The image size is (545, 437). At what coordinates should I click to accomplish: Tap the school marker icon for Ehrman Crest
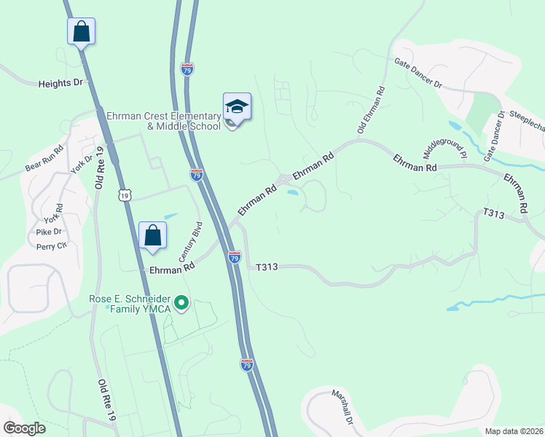[x=237, y=108]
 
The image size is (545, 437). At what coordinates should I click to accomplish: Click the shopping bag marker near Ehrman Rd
[x=153, y=236]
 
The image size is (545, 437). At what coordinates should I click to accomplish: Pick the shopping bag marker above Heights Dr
[x=81, y=32]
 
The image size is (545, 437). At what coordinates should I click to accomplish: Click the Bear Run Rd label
[x=44, y=157]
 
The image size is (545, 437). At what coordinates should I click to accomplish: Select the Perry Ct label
[x=51, y=245]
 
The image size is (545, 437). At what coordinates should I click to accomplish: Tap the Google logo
[x=24, y=428]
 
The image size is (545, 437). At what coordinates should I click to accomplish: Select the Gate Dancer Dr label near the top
[x=418, y=74]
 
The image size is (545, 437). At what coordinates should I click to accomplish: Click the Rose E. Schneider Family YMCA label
[x=130, y=304]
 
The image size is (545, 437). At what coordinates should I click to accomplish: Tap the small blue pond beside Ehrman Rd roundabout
[x=293, y=193]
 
